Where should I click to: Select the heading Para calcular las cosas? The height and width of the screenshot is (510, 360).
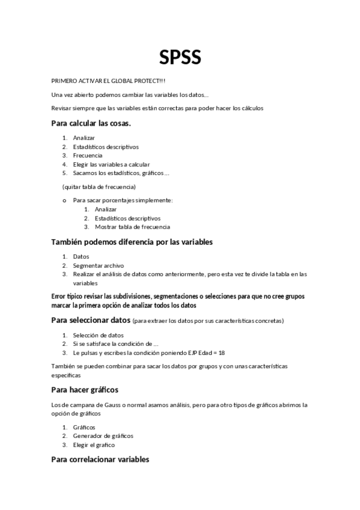pos(91,123)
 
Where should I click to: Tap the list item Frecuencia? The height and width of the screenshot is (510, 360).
pos(88,155)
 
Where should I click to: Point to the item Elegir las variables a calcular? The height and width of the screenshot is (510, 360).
pos(111,164)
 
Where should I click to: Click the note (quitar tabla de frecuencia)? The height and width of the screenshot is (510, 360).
pos(99,186)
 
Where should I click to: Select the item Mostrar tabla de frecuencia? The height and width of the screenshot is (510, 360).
pos(132,227)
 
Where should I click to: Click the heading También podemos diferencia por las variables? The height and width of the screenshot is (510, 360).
pos(132,242)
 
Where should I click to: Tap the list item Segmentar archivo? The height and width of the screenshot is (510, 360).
pos(98,265)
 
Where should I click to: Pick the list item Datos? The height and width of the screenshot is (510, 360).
pos(81,256)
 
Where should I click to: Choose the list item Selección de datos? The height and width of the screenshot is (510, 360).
pos(98,335)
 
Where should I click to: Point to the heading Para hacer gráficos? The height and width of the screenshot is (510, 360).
pos(85,390)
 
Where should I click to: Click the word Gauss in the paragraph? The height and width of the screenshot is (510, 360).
pos(100,405)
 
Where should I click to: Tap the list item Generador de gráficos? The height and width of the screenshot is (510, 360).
pos(103,435)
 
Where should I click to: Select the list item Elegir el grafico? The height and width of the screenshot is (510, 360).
pos(93,445)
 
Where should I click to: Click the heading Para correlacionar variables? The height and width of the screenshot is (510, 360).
pos(100,460)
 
